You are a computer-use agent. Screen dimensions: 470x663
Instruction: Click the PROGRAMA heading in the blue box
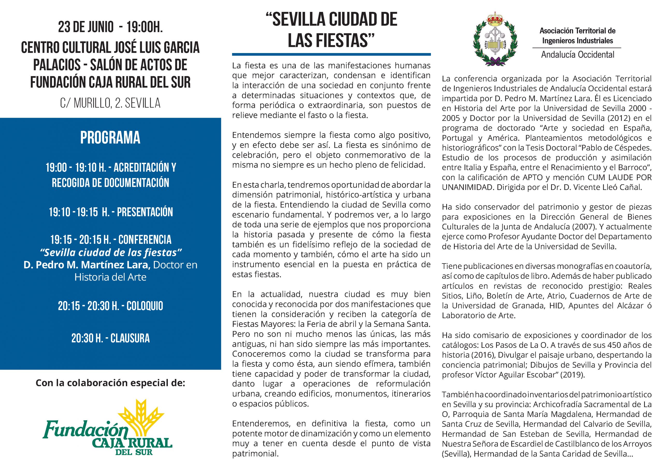pos(110,138)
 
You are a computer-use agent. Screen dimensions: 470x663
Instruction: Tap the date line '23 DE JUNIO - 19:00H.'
pos(110,27)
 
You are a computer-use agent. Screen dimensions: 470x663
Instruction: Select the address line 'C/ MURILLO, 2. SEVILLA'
pos(110,103)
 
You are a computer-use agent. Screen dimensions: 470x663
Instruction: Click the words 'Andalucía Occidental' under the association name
pos(578,54)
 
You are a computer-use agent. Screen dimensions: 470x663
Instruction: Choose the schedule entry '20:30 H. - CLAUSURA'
pos(110,338)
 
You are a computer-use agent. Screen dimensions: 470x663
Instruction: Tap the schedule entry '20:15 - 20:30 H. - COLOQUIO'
pos(110,306)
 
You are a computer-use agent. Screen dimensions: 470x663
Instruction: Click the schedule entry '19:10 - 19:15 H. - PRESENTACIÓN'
pos(111,212)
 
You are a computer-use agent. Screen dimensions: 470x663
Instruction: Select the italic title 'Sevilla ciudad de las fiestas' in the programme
pos(110,253)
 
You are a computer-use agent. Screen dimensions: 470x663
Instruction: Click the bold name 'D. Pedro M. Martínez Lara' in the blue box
pos(87,265)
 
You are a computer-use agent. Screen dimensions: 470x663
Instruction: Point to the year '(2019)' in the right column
pos(572,375)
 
